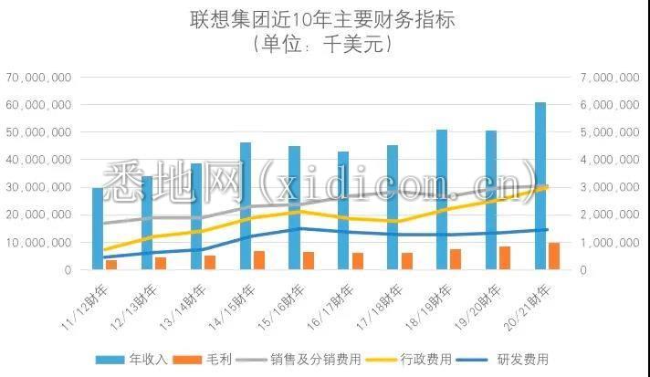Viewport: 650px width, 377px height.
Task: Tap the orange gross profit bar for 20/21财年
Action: [554, 257]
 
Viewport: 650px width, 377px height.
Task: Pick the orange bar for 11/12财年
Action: [111, 265]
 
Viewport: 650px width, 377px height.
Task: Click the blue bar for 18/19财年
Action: [442, 200]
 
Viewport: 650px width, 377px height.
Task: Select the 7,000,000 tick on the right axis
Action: [609, 79]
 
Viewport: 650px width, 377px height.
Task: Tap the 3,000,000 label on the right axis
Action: [609, 188]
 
